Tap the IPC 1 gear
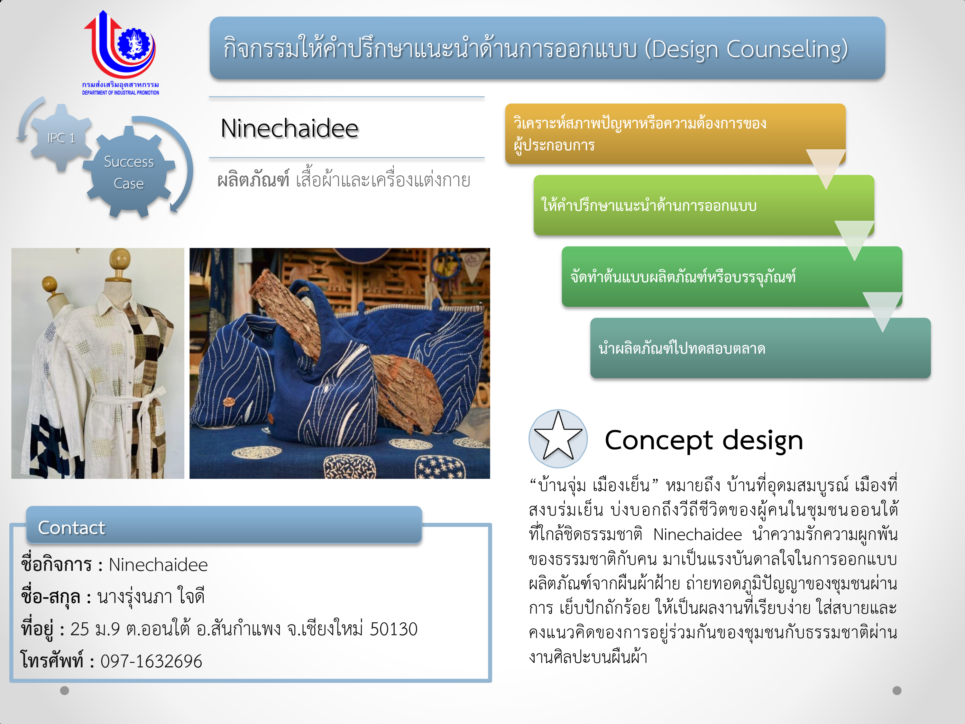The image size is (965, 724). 61,138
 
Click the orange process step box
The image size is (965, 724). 675,134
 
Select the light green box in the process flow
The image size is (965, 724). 704,205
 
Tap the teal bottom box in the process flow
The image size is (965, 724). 760,348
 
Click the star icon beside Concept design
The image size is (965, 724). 558,438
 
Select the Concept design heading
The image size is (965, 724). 704,440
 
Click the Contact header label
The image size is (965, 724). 71,528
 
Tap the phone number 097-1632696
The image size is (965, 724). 151,661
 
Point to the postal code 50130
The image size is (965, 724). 393,629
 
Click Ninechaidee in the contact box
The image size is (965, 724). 158,565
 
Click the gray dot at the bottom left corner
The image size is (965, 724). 65,691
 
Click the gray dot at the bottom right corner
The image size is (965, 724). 897,691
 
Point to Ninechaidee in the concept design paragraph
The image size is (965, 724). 698,534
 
